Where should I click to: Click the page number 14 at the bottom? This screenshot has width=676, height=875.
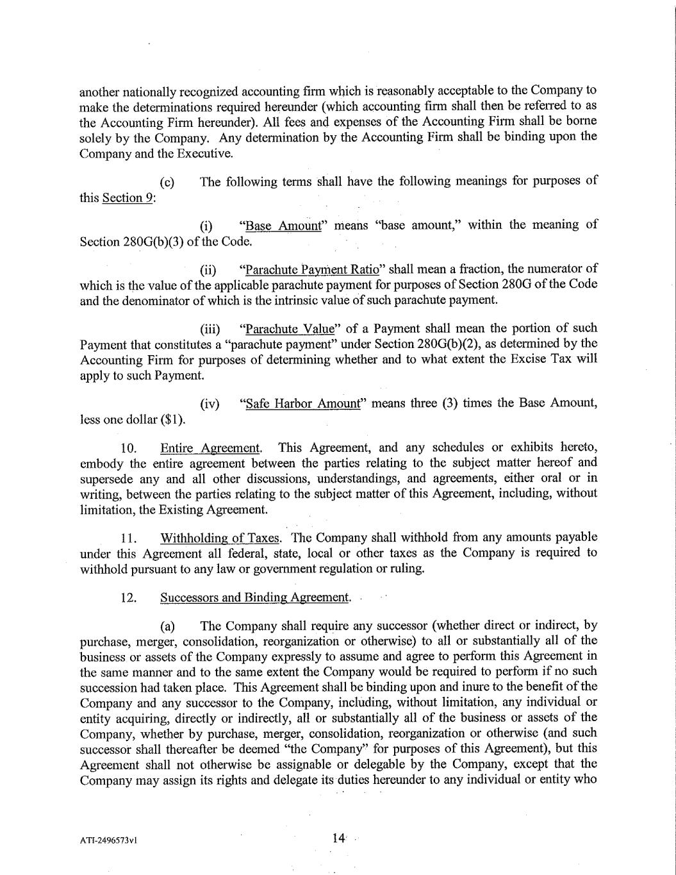(x=338, y=837)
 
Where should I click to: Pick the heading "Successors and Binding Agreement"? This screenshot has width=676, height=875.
(x=255, y=597)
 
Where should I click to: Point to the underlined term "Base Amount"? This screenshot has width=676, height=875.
(x=284, y=225)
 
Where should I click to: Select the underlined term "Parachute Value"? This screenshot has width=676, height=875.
(x=290, y=329)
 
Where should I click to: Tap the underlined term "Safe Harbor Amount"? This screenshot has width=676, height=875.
(x=304, y=404)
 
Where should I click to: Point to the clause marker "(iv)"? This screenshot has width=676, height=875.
(x=210, y=404)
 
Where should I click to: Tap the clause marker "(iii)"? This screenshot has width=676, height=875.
(x=210, y=329)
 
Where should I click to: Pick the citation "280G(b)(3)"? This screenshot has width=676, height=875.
(x=152, y=242)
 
